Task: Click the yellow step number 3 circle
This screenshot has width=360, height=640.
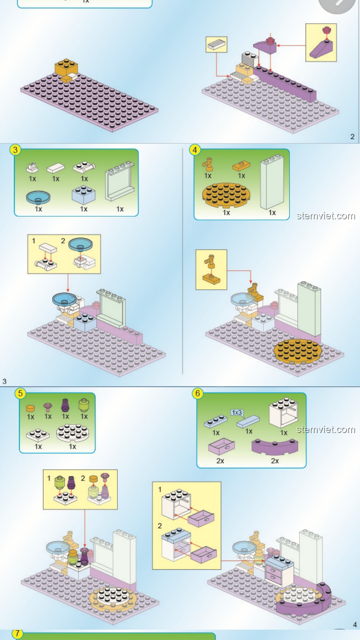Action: click(x=15, y=150)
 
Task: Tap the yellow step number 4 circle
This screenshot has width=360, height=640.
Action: click(x=195, y=150)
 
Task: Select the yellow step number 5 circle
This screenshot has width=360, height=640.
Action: click(x=20, y=393)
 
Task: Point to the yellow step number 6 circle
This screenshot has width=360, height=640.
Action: click(x=198, y=394)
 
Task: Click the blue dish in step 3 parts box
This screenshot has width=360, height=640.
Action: click(x=38, y=197)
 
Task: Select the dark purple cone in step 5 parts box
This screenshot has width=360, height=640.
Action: click(x=65, y=406)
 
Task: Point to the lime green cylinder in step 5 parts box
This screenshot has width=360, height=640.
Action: click(x=84, y=405)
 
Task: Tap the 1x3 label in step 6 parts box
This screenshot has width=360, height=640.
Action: click(x=237, y=412)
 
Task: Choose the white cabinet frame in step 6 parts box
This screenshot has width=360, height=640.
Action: click(x=284, y=413)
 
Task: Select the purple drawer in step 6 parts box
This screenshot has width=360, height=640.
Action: click(x=221, y=447)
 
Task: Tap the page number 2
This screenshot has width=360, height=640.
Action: click(x=352, y=136)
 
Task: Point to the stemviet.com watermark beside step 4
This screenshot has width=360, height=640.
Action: click(x=326, y=216)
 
